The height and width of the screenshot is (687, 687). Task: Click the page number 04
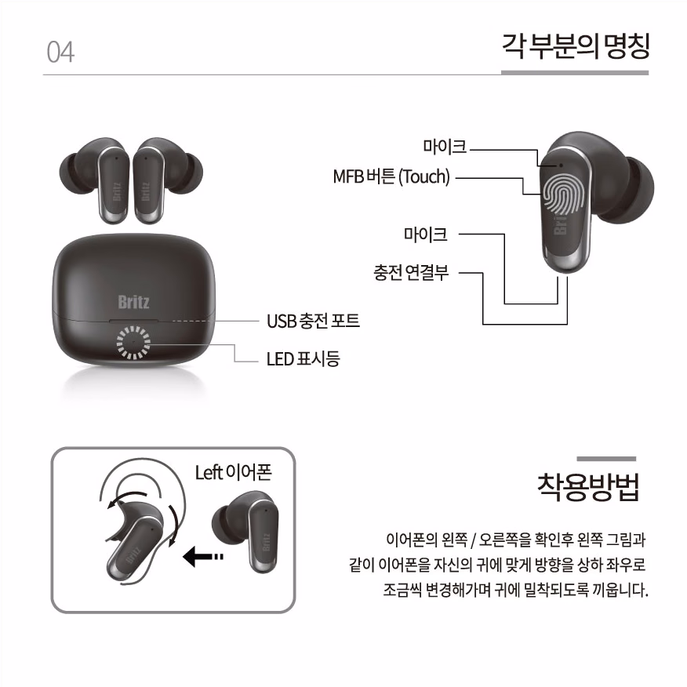pos(60,52)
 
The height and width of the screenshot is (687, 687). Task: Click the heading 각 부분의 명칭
pos(576,46)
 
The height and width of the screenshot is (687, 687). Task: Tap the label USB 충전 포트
pos(313,321)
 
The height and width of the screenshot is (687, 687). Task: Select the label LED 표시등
pos(304,359)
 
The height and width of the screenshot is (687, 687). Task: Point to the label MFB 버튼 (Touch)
pos(391,176)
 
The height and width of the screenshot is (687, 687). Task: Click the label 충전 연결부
pos(411,272)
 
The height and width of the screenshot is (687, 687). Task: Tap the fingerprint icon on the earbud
pos(564,194)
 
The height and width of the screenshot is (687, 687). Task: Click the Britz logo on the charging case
pos(133,302)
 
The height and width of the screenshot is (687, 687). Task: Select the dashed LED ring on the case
pos(133,342)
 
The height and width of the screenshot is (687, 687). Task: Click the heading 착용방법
pos(588,487)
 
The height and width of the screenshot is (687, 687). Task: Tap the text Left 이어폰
pos(234,473)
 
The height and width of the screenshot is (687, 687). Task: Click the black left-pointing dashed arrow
pos(203,557)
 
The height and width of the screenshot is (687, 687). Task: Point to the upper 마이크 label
pos(445,147)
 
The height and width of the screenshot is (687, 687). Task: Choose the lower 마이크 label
pos(425,234)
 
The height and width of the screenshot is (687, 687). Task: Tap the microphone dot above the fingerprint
pos(561,165)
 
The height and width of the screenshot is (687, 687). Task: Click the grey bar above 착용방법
pos(606,459)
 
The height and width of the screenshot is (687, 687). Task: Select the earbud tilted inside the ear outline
pos(133,542)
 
